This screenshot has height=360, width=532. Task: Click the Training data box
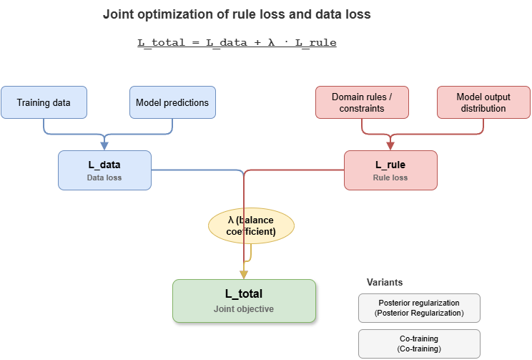44,102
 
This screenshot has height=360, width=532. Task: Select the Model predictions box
172,102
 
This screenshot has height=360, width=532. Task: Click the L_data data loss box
104,170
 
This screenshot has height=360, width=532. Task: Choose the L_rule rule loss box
390,170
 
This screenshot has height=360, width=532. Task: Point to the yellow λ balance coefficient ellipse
251,226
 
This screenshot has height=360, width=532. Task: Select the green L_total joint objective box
244,301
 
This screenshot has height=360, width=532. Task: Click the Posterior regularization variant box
419,308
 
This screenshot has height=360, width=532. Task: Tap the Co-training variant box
419,344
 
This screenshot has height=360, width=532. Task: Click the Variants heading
384,282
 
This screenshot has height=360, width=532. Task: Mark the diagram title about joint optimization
237,14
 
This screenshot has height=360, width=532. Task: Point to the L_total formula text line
237,43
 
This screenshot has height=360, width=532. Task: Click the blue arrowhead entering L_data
104,146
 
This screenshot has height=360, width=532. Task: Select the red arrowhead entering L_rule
390,146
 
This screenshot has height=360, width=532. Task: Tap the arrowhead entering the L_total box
243,275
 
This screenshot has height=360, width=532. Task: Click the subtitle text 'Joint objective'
244,309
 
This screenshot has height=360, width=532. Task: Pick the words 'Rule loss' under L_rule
390,177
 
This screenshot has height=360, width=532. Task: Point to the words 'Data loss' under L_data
104,177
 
